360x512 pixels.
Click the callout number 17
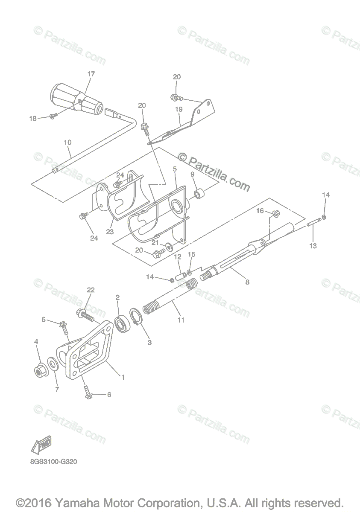[91, 74]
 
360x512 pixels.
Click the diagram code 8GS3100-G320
[53, 461]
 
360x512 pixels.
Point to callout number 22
[90, 290]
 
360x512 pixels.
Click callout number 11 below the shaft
[181, 320]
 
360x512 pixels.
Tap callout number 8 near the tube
[247, 282]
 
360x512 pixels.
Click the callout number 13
[313, 246]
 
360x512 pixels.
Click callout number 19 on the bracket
[178, 109]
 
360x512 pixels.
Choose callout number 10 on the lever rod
[67, 142]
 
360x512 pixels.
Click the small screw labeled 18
[53, 116]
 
